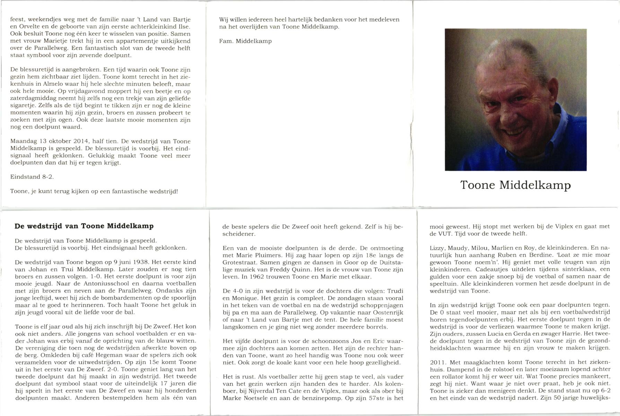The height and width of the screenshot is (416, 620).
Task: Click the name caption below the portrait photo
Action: (515, 185)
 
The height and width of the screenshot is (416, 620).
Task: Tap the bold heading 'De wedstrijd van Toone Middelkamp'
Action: (84, 226)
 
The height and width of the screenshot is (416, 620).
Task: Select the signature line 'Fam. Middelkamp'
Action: (245, 41)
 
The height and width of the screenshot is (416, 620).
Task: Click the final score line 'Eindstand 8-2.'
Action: (32, 177)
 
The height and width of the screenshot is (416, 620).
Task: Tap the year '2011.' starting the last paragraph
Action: (438, 362)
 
